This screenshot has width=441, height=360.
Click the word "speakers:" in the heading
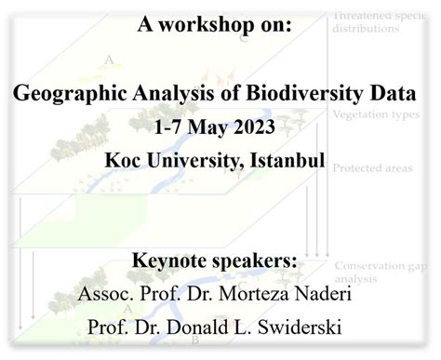tap(255, 261)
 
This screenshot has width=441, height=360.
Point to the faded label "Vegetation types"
tap(369, 115)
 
